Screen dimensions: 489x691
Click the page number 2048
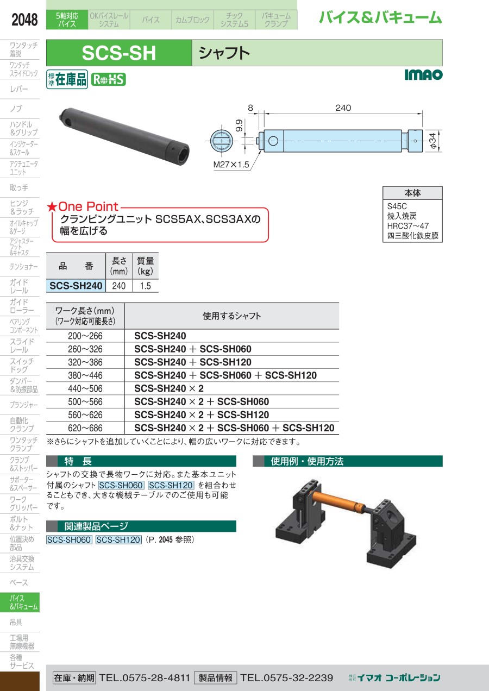(x=24, y=20)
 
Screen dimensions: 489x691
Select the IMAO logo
(x=423, y=74)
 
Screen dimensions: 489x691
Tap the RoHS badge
(x=108, y=80)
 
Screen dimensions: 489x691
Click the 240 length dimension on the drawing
(x=343, y=108)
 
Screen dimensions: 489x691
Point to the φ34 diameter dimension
(x=433, y=141)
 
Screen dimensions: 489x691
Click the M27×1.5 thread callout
(x=231, y=165)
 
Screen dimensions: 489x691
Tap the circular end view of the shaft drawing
(x=221, y=141)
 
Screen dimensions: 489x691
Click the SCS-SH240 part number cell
(x=76, y=286)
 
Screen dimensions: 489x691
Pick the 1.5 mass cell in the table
(x=145, y=286)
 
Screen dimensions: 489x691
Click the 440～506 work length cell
(x=85, y=388)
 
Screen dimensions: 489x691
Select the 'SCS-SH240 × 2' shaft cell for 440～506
(x=169, y=388)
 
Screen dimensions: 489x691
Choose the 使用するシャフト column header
(x=231, y=316)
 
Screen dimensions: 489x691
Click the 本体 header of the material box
(x=412, y=193)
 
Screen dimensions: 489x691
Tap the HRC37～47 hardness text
(x=408, y=226)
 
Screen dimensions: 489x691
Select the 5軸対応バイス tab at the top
(x=67, y=20)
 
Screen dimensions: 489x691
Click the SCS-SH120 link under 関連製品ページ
(x=118, y=539)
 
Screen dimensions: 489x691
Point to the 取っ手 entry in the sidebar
(x=19, y=188)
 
